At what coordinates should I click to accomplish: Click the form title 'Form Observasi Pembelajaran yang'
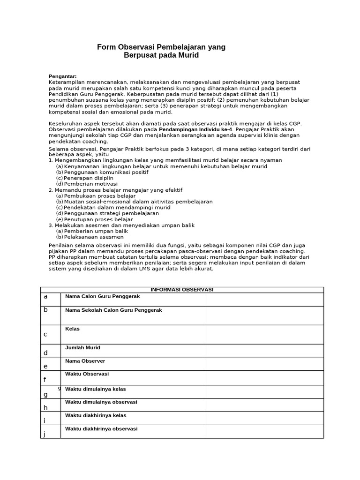161,47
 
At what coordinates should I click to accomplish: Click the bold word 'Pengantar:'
63,76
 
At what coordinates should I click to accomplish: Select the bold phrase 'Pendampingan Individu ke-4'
195,129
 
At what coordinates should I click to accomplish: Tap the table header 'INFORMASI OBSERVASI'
182,290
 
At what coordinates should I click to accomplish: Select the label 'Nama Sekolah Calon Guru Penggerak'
113,310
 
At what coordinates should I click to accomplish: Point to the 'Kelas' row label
72,329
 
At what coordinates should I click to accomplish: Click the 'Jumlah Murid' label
82,348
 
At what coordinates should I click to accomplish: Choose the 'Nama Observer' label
85,361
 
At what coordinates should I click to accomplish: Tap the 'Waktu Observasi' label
87,374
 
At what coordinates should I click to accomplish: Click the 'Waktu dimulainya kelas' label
95,389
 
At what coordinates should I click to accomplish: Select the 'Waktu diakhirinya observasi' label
101,429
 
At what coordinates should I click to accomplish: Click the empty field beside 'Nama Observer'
264,364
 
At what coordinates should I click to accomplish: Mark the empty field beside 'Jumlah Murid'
264,350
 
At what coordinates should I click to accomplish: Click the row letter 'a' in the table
45,297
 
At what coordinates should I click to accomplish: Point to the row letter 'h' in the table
45,408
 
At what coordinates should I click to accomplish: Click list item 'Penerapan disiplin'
88,178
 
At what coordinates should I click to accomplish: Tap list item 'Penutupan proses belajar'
98,219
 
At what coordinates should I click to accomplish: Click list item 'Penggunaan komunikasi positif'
106,172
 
